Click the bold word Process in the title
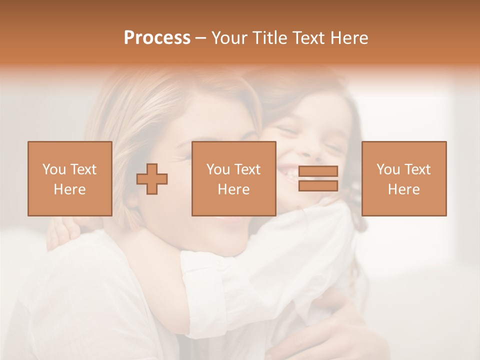tap(157, 38)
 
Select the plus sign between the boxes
tap(152, 179)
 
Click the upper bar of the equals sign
tap(318, 171)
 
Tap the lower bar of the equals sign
tap(318, 186)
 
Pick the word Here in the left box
tap(69, 189)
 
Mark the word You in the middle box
tap(218, 169)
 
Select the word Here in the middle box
tap(233, 189)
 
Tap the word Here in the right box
tap(403, 189)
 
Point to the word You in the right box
tap(388, 169)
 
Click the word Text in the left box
tap(83, 169)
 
